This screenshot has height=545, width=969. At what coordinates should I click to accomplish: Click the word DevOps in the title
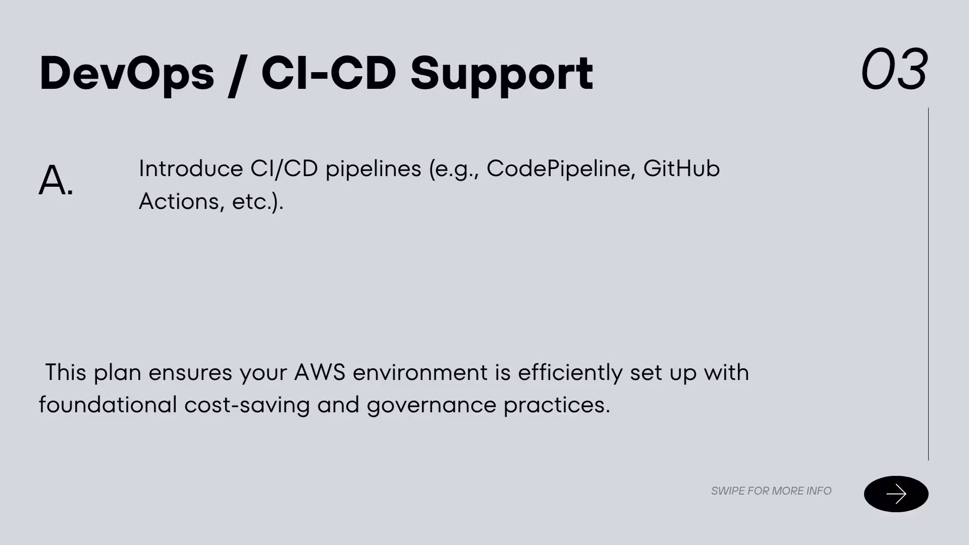pyautogui.click(x=127, y=74)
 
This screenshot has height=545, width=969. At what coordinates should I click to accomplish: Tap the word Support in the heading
pyautogui.click(x=502, y=75)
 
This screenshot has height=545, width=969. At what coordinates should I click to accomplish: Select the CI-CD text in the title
pyautogui.click(x=329, y=73)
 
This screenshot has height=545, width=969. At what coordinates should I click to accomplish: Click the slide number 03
pyautogui.click(x=894, y=69)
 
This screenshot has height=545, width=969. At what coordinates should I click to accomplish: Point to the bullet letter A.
pyautogui.click(x=56, y=180)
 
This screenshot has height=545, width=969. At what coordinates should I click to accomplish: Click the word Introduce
pyautogui.click(x=191, y=169)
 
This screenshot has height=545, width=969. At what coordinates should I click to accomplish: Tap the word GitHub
pyautogui.click(x=681, y=169)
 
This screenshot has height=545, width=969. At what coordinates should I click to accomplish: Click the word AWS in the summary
pyautogui.click(x=319, y=372)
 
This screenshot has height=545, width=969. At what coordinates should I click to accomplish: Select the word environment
pyautogui.click(x=420, y=373)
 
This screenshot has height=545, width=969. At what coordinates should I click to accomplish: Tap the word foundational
pyautogui.click(x=108, y=405)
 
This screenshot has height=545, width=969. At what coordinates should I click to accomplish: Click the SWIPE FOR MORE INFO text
pyautogui.click(x=771, y=491)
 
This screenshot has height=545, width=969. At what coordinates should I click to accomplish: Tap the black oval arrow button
pyautogui.click(x=896, y=494)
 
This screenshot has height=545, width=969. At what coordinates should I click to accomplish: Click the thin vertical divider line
pyautogui.click(x=928, y=284)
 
